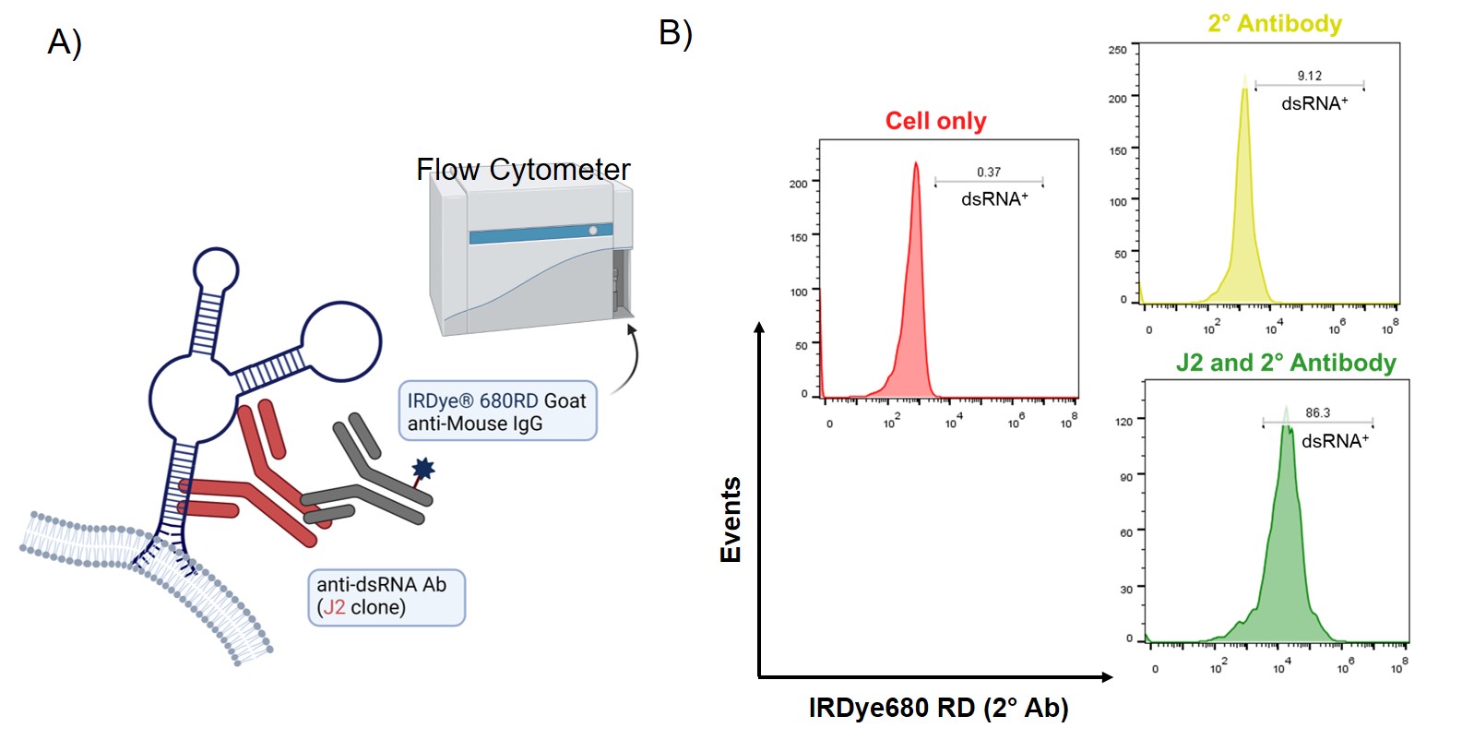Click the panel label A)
[65, 42]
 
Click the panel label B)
[675, 33]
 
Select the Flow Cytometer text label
[523, 170]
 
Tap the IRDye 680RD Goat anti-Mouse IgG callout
[497, 412]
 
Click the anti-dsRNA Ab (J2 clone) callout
[386, 596]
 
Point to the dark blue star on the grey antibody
[423, 469]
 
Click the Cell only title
[935, 121]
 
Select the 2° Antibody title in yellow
[1275, 24]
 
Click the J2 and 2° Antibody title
[1286, 363]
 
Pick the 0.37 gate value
[989, 173]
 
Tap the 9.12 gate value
[1309, 76]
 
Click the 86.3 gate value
[1317, 412]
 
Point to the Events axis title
[731, 519]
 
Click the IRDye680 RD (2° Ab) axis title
[938, 708]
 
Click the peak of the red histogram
[916, 165]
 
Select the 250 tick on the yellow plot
[1117, 50]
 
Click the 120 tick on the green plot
[1123, 422]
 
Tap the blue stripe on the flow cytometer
[541, 234]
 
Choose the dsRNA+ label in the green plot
[1335, 442]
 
